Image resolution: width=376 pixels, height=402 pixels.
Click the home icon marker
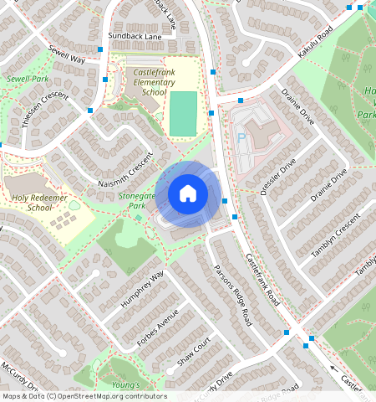tap(188, 194)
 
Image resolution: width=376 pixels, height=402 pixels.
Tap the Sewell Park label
tap(27, 78)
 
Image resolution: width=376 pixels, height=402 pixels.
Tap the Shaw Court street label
tap(195, 354)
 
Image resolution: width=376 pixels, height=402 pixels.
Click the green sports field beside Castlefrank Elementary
tap(184, 113)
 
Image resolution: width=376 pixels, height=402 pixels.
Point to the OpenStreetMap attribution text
tap(84, 396)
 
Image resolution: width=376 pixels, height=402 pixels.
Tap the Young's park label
tap(126, 384)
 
